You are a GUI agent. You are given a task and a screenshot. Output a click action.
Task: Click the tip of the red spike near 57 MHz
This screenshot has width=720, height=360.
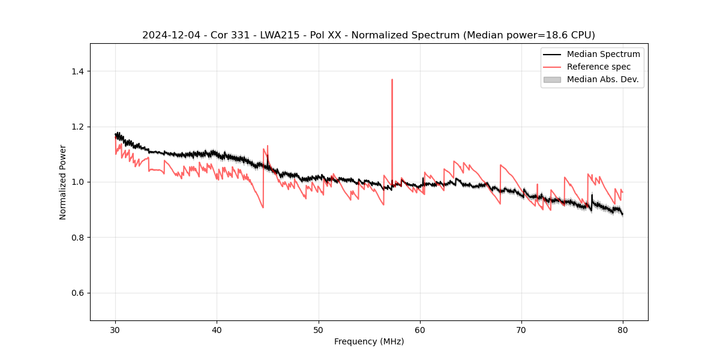click(392, 79)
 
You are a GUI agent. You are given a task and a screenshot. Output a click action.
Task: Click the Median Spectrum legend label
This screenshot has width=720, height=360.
click(603, 54)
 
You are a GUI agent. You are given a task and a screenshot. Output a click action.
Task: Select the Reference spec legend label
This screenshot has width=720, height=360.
click(599, 67)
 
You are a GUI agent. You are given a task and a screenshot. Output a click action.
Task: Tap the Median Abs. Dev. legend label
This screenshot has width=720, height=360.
click(603, 79)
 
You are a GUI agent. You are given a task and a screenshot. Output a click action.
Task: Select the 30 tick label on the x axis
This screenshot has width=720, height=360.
click(116, 329)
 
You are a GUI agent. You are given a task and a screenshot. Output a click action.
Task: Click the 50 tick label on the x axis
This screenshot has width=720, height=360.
click(319, 329)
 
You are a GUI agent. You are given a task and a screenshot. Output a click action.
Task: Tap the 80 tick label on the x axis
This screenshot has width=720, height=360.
click(623, 329)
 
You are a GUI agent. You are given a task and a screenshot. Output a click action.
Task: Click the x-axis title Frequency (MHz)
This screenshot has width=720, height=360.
click(369, 341)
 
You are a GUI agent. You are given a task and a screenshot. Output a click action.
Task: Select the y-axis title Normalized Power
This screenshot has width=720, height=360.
click(63, 182)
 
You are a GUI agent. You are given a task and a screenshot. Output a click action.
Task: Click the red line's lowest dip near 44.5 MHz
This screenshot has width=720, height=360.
click(263, 208)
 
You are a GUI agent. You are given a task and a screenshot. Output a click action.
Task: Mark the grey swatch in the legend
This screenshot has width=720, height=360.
click(552, 79)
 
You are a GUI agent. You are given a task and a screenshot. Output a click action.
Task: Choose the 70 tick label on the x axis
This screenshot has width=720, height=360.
click(521, 329)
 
